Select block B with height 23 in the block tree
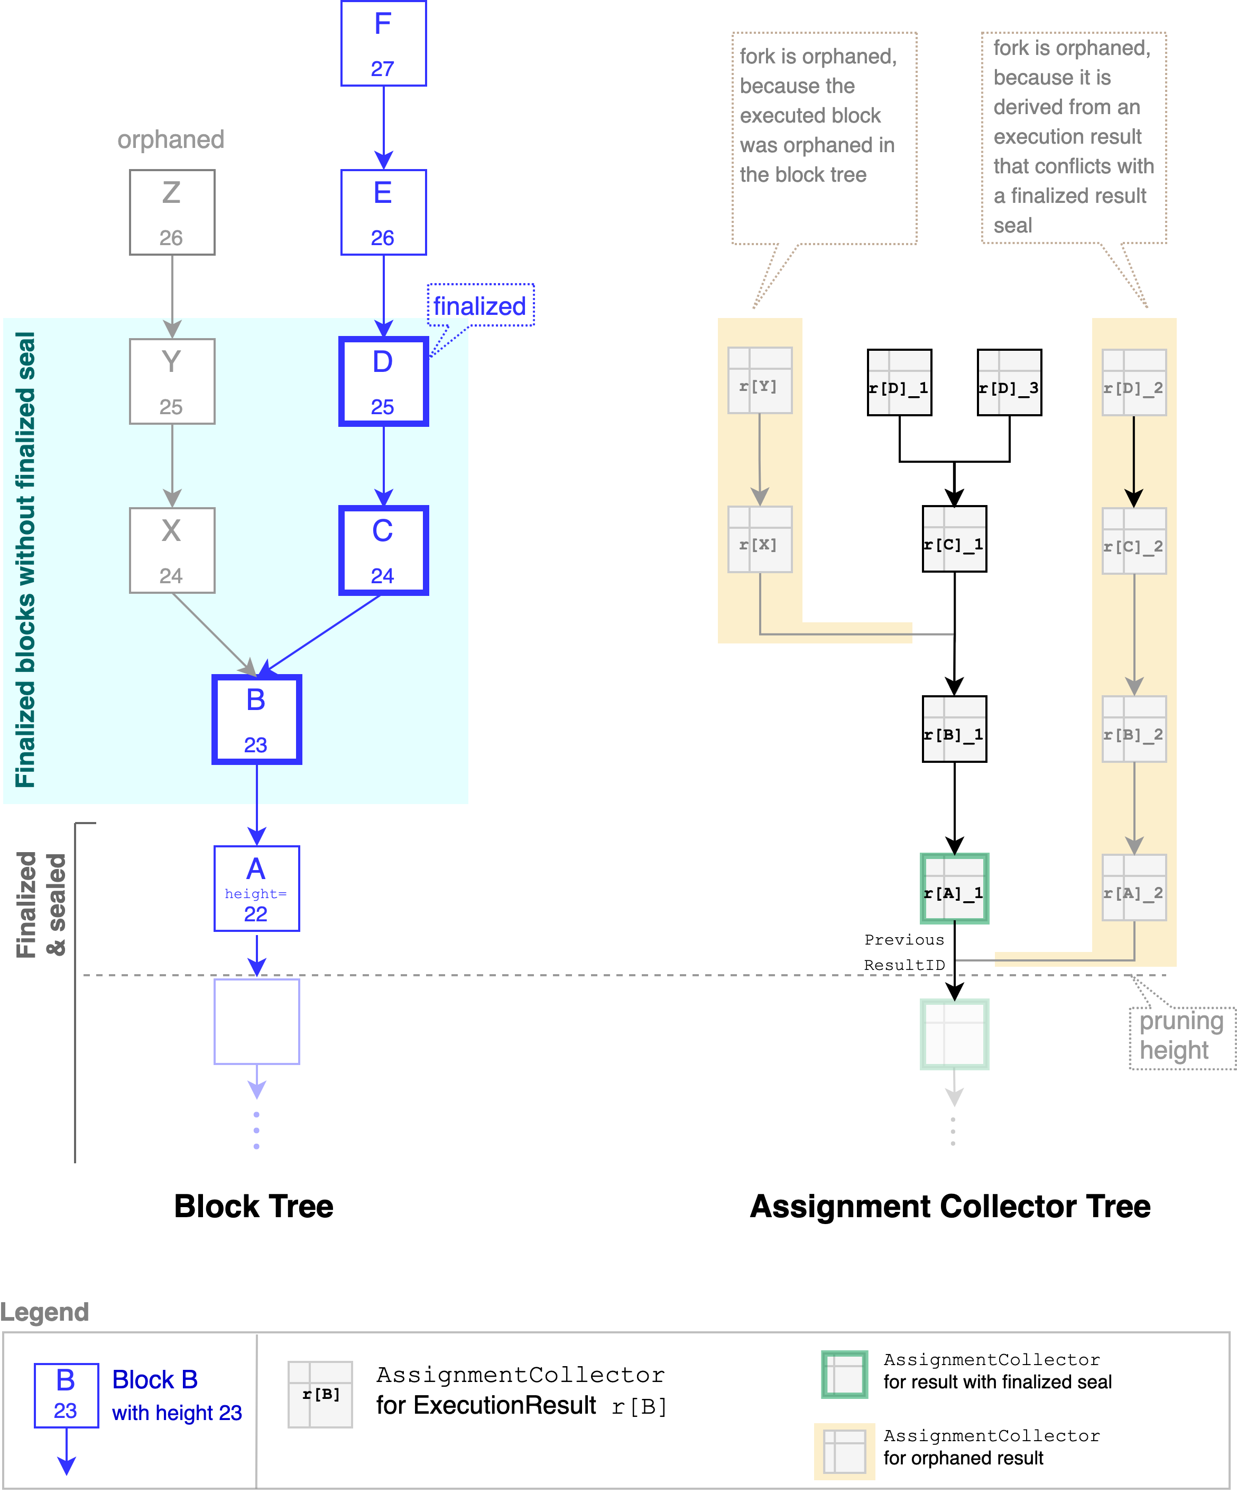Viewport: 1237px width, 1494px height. [x=256, y=719]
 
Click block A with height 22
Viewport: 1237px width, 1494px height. [x=256, y=888]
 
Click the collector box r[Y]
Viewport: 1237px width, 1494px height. [x=760, y=380]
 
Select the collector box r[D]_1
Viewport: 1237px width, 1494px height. [x=899, y=382]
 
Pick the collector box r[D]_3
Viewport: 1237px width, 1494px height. [x=1009, y=382]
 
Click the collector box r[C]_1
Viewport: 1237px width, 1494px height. [x=954, y=538]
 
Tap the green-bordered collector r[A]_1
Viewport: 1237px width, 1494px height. [x=954, y=888]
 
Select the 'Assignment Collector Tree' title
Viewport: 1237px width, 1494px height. [x=949, y=1206]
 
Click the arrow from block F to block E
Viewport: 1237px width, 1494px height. [x=384, y=127]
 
